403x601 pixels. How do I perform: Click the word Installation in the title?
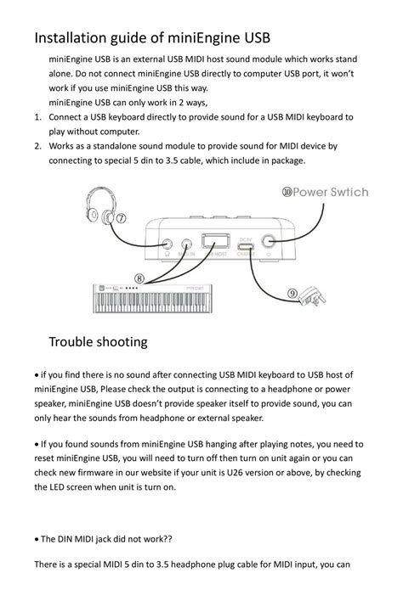point(71,38)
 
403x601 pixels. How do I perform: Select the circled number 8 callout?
point(139,278)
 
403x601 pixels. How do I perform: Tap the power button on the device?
point(271,241)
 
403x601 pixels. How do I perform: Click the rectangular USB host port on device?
point(216,241)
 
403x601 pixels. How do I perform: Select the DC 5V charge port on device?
point(246,243)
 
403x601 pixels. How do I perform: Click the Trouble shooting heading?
point(98,342)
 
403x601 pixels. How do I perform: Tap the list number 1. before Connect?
point(38,116)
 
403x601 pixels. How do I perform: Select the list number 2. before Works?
point(38,146)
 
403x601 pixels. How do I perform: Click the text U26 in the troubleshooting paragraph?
point(270,473)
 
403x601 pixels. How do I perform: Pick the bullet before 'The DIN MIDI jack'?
point(37,540)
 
